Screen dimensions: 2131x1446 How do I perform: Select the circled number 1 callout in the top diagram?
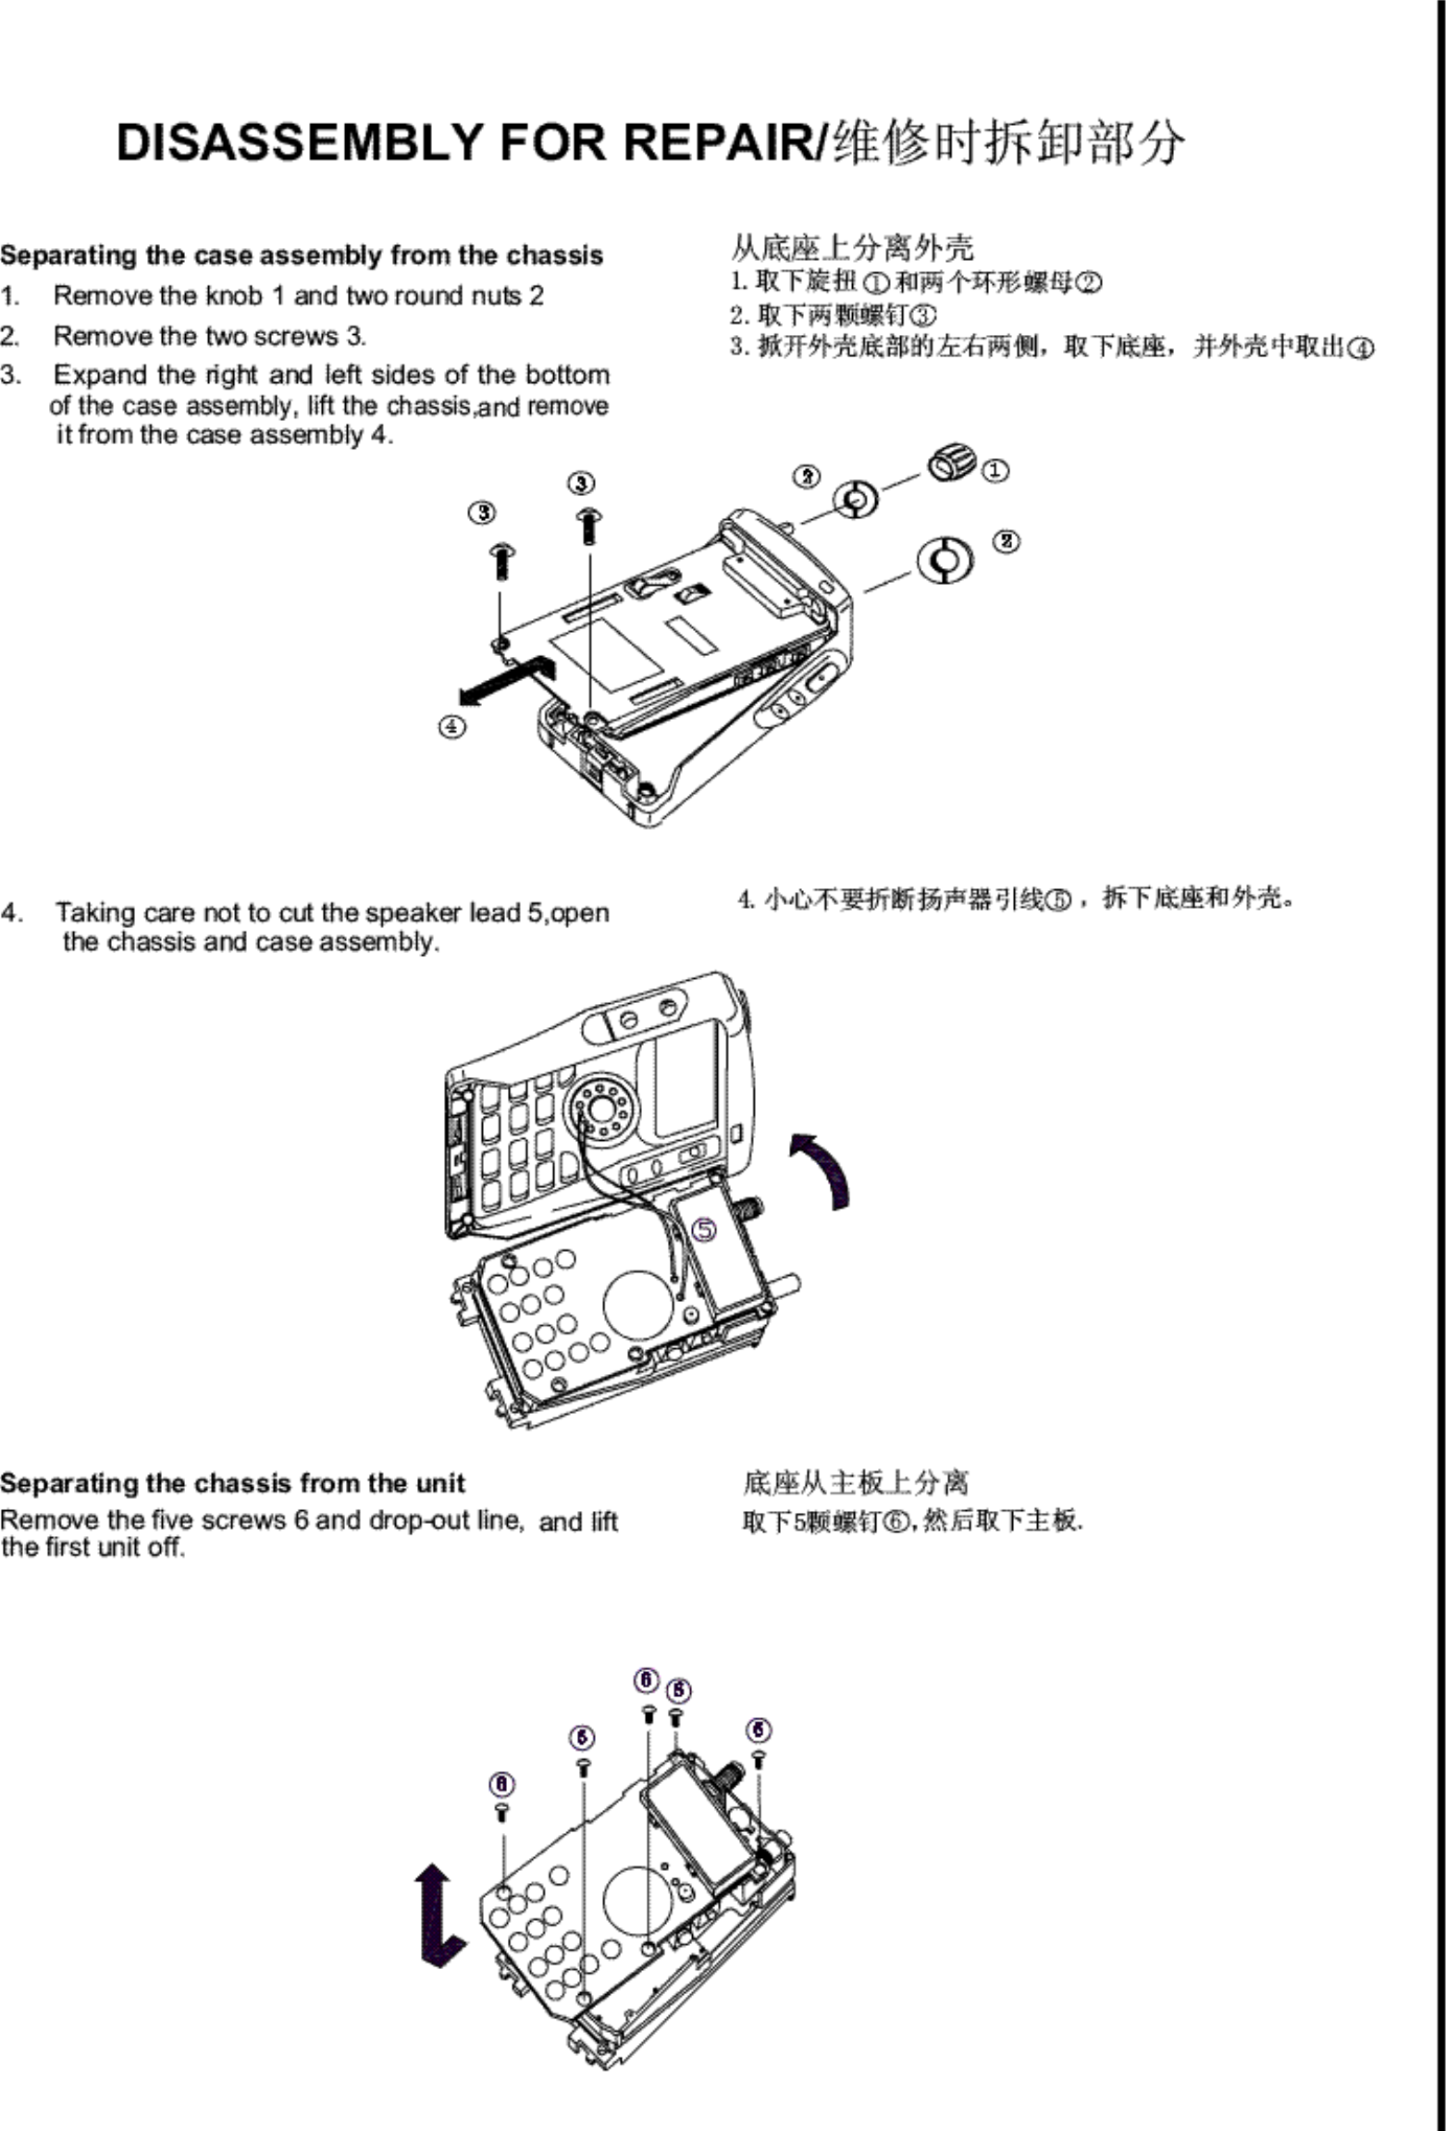click(995, 470)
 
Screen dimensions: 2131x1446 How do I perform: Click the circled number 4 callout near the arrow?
click(451, 726)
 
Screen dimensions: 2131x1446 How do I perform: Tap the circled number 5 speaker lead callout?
click(705, 1229)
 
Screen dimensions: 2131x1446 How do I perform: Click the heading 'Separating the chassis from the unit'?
click(232, 1484)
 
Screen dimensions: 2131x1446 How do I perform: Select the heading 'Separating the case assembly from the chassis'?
click(302, 255)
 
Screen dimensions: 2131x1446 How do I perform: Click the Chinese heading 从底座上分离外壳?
click(852, 247)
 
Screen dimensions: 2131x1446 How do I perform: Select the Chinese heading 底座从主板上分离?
click(856, 1483)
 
